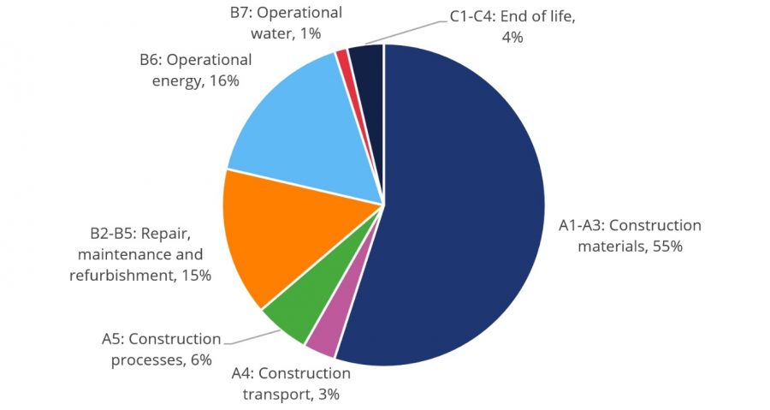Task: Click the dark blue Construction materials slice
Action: (462, 214)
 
